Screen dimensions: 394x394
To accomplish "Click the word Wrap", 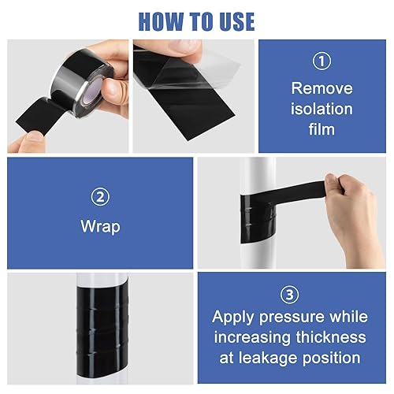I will tap(100, 227).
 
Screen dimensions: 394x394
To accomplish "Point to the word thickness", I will tap(334, 337).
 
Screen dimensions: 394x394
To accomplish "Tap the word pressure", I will tap(299, 318).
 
